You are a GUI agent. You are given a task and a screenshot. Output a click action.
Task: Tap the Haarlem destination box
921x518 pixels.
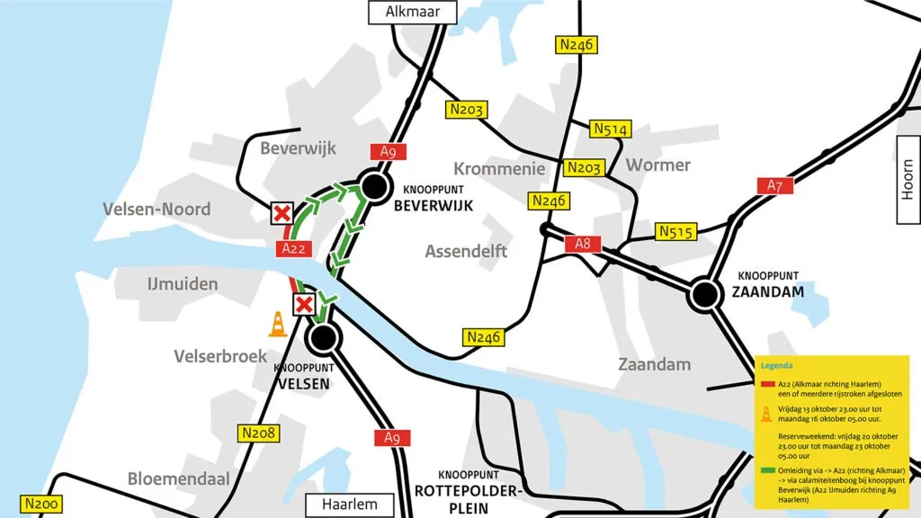point(350,505)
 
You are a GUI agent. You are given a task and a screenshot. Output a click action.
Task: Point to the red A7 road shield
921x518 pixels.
point(775,185)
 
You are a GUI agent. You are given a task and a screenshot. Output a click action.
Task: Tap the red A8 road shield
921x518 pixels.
point(582,244)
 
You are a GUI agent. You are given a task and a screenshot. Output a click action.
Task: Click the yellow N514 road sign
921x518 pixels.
point(610,129)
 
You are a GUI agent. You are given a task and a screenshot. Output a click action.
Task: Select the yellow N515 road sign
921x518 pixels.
point(676,231)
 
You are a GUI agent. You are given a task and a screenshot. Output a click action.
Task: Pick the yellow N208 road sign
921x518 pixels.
point(259,433)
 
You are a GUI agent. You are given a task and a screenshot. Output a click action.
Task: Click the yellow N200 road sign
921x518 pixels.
point(41,505)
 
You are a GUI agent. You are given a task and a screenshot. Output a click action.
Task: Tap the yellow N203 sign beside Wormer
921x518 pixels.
point(584,167)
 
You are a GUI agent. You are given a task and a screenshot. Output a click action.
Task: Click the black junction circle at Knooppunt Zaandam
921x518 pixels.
point(705,293)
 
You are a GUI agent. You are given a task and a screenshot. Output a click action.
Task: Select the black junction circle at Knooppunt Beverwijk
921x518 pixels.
point(371,187)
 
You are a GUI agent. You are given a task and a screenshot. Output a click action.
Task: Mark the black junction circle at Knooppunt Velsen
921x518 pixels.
point(325,338)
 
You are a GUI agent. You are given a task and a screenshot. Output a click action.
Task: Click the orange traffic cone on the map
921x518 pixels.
point(279,324)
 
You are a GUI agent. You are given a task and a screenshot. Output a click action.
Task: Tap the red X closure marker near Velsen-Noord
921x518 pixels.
point(282,213)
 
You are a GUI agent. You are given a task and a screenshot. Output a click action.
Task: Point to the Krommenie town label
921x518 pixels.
point(499,168)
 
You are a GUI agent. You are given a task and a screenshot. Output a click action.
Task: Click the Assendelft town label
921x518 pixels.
point(466,251)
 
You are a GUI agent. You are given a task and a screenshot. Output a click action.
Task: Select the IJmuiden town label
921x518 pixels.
point(183,284)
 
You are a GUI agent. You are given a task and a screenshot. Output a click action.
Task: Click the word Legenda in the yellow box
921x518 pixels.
point(777,366)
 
